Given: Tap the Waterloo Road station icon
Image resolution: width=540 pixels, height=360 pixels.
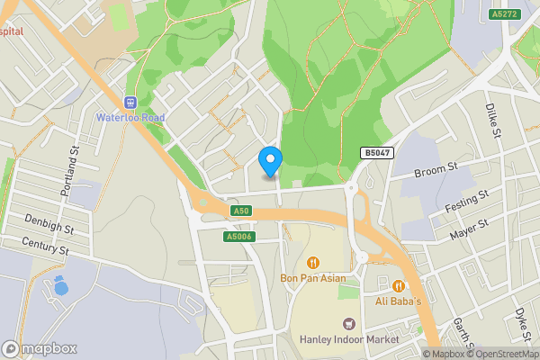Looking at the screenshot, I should pos(130,103).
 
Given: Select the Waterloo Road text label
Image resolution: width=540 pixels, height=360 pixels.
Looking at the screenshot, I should pos(130,118).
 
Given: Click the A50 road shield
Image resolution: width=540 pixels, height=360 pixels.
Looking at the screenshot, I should pos(239,211).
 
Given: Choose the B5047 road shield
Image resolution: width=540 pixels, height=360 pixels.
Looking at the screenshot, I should pos(378,154).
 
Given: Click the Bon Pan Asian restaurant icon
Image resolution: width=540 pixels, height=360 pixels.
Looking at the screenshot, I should pos(312,263).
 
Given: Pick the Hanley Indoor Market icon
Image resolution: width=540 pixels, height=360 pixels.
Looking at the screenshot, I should pos(349,323).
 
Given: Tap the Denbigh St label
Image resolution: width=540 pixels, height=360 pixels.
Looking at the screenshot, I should pos(46,220).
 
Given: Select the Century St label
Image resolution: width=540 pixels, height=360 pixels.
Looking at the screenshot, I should pos(46,244).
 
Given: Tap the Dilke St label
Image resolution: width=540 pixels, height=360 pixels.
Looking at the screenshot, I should pos(493,119).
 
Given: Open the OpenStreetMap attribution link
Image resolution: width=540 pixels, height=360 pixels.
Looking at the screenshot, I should pos(497,354).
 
